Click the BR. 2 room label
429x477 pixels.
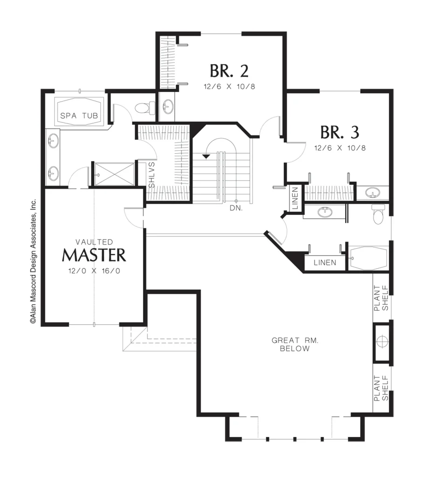[x=229, y=71]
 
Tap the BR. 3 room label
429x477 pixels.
[x=339, y=132]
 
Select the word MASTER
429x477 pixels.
[x=94, y=255]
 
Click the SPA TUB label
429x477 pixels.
[x=79, y=116]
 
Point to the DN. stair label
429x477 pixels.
[x=236, y=208]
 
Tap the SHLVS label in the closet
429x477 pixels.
[x=152, y=175]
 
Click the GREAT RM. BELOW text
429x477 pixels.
[x=295, y=344]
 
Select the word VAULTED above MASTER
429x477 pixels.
[x=94, y=242]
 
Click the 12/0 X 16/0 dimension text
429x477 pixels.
[x=94, y=271]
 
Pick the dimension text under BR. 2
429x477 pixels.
[x=229, y=87]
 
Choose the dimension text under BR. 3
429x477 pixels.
[x=340, y=148]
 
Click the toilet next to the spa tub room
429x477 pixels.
[x=145, y=108]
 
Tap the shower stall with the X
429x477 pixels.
[x=114, y=174]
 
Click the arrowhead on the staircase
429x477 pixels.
[x=206, y=157]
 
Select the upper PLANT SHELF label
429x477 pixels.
[x=381, y=298]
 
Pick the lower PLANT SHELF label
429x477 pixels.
[x=381, y=388]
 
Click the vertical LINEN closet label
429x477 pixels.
[x=295, y=198]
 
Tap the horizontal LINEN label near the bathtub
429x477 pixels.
[x=325, y=263]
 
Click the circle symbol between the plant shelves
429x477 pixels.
[x=381, y=341]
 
